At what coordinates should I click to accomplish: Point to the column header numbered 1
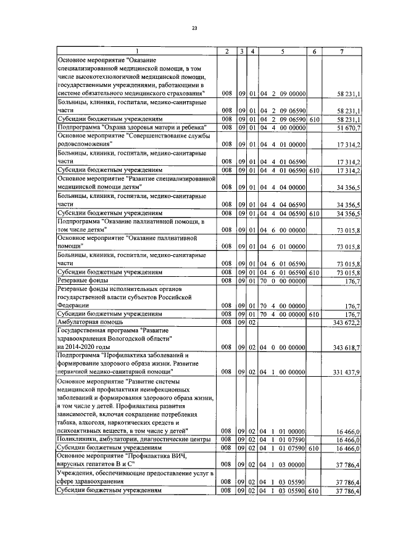coord(137,51)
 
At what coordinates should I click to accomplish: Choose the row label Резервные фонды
coord(80,279)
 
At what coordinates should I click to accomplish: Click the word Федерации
coord(73,305)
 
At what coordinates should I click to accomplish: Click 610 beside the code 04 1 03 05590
coord(314,490)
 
